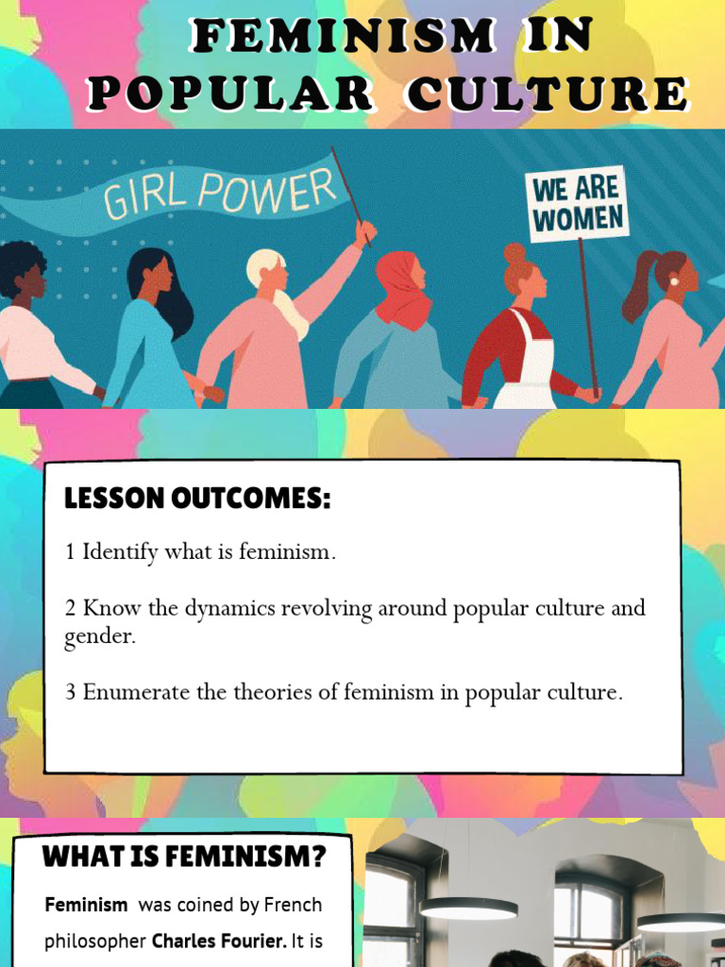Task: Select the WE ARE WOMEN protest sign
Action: [578, 204]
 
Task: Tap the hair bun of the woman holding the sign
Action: [514, 252]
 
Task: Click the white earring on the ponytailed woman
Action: [675, 281]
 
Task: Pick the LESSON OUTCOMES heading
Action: [197, 500]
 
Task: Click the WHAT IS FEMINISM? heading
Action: [184, 857]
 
